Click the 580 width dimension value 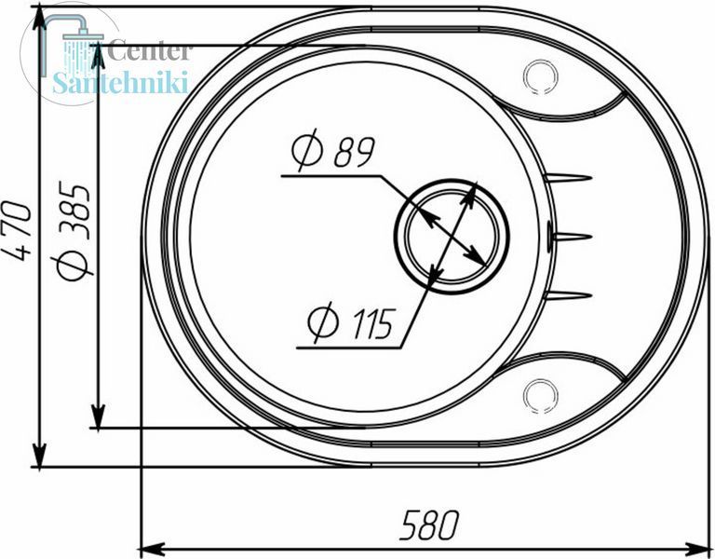click(x=428, y=525)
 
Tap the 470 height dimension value click(x=20, y=231)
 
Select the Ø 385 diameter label click(x=72, y=231)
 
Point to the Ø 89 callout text click(x=333, y=151)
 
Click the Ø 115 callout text click(x=350, y=323)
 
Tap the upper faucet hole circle click(x=541, y=76)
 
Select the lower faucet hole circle click(x=541, y=396)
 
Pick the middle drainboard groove click(x=571, y=237)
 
